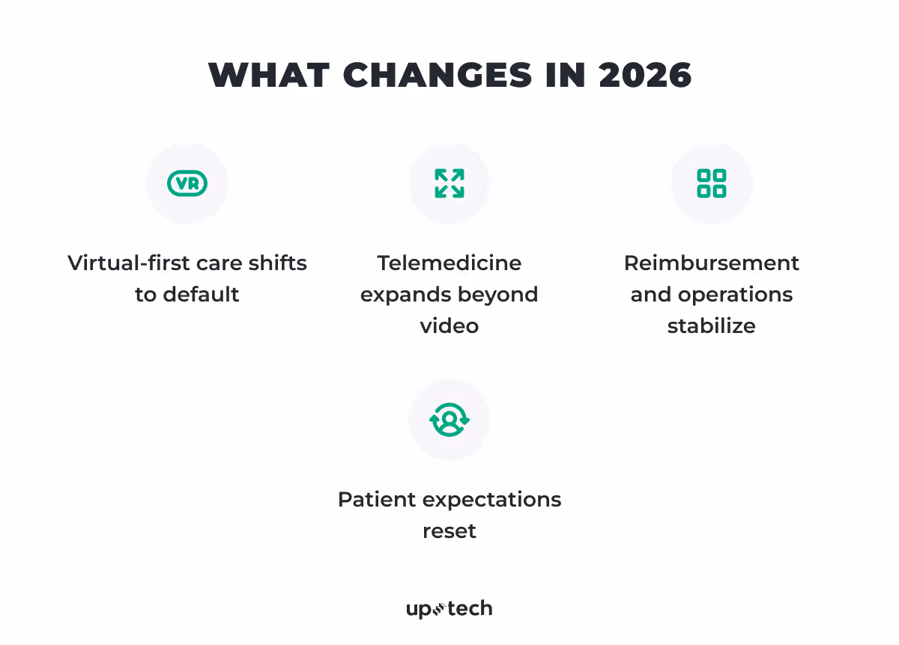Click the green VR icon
point(187,183)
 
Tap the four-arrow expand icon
point(449,183)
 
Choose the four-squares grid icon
point(711,183)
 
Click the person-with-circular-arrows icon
point(449,420)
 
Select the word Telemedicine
point(449,263)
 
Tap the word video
point(449,326)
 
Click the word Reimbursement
point(711,263)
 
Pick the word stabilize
point(711,326)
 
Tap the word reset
point(449,531)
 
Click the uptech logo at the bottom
point(449,609)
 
